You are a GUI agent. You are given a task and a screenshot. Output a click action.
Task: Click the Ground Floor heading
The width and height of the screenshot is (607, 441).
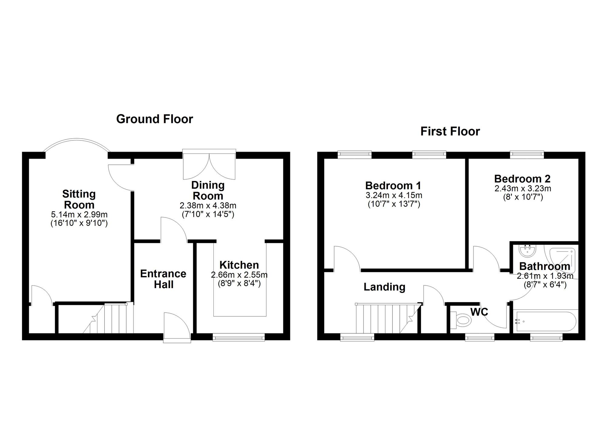point(154,119)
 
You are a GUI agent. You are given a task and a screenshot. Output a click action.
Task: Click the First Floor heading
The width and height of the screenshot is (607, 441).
point(450,131)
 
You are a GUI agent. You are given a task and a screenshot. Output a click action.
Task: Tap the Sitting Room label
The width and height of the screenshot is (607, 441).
point(79,199)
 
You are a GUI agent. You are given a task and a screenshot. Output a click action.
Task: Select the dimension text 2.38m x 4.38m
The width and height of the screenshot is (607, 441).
point(208,206)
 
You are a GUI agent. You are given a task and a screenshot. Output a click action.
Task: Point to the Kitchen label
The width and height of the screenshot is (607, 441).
point(239,265)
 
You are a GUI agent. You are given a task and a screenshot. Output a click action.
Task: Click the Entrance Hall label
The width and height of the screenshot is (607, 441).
point(163,279)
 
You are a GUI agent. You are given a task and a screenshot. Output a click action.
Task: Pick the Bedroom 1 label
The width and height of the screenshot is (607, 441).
point(393,185)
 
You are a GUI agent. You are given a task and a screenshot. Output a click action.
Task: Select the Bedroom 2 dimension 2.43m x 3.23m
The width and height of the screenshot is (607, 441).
point(523,188)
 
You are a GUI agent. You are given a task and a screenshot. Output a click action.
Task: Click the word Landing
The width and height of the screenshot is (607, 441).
point(384,287)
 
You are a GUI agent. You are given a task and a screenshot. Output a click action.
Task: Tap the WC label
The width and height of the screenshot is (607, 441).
point(479,311)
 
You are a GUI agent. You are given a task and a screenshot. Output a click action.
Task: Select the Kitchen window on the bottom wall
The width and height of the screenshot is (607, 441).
point(239,337)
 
